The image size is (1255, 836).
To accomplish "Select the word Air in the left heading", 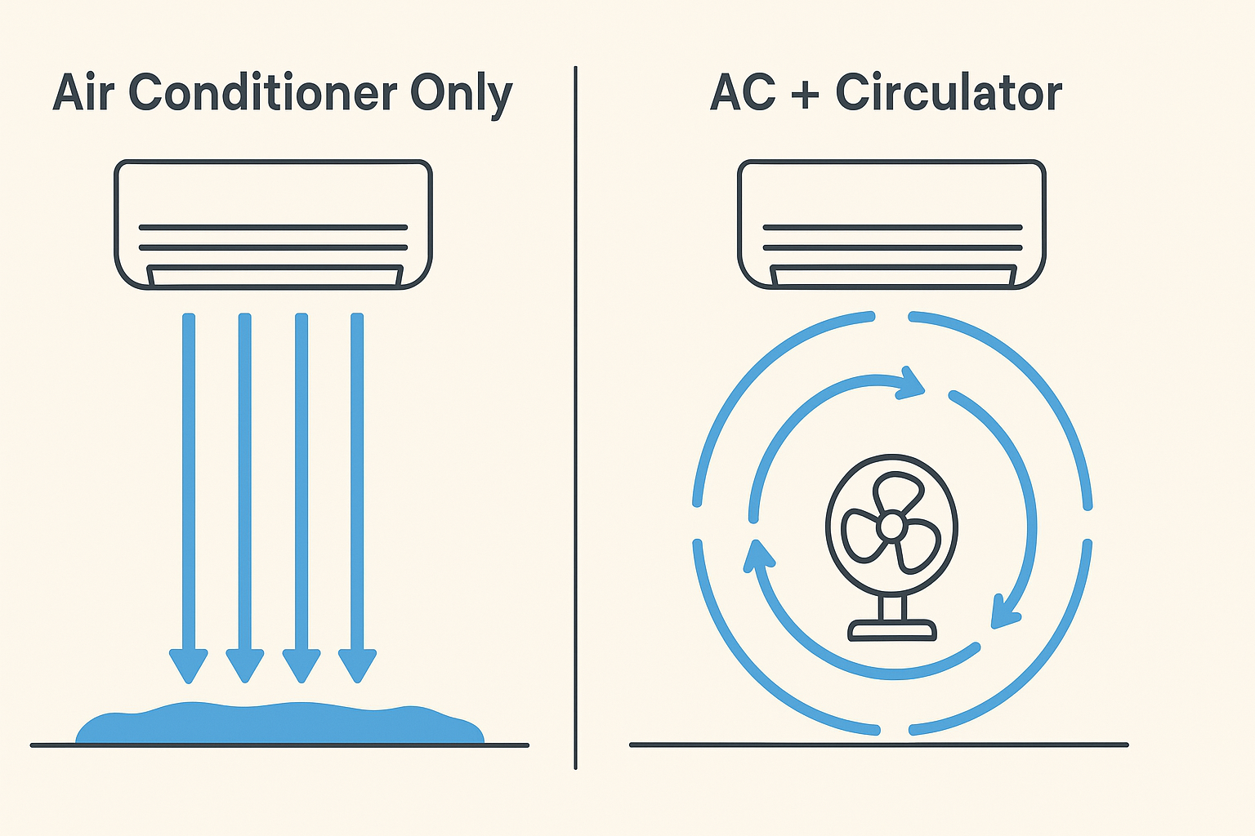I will (x=85, y=93).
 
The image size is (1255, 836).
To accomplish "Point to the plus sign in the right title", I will (x=805, y=93).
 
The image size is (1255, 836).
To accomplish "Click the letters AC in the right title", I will (x=743, y=93).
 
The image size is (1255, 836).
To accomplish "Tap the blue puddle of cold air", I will (x=278, y=723).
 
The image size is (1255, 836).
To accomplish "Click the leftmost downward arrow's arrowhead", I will (x=189, y=664).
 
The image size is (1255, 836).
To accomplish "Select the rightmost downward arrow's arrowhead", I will (x=357, y=664).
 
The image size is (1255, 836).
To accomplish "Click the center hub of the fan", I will (x=891, y=527).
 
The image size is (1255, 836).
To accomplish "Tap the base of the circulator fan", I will (x=891, y=629).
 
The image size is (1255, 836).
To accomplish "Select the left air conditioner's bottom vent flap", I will (x=274, y=275).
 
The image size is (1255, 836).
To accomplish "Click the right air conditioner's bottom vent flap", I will (x=892, y=275).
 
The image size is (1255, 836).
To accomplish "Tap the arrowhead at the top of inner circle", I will (x=911, y=383).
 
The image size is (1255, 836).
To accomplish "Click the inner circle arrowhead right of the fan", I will (x=1004, y=612).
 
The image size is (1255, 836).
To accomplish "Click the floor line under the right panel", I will (x=878, y=745).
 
